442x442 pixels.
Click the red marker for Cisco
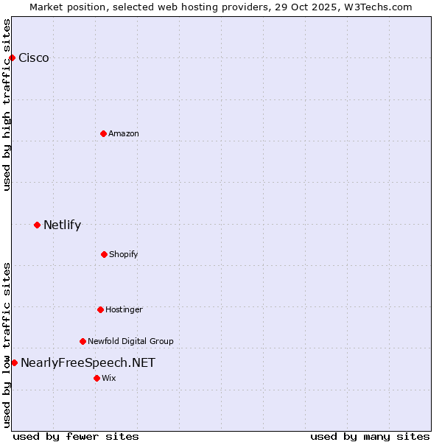pos(12,57)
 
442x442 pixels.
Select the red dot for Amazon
pos(103,133)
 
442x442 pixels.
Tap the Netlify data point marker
pos(37,225)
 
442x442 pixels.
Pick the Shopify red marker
pos(104,254)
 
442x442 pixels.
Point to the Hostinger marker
pos(100,309)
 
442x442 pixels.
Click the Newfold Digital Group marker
pos(83,341)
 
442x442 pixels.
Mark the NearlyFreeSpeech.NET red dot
pos(14,362)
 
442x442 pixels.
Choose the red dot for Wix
pos(97,378)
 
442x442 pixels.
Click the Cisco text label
pos(34,58)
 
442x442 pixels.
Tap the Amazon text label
pos(124,133)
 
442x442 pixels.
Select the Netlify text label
pos(62,225)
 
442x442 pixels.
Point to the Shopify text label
pos(124,254)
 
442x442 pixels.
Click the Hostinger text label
pos(124,309)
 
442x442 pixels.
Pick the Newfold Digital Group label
pos(130,341)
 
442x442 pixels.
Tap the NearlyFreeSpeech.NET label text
pos(88,362)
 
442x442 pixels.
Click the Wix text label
pos(109,378)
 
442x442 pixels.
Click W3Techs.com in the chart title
pos(377,7)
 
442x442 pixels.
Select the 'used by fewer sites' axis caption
pos(76,436)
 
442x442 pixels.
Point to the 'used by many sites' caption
pos(370,436)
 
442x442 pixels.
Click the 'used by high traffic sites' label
pos(7,105)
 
